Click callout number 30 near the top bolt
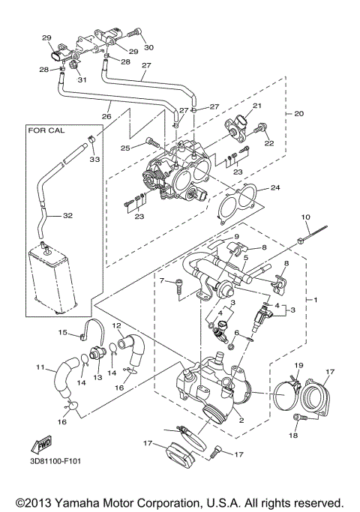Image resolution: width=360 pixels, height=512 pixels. point(148,46)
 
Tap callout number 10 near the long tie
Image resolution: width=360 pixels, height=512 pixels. point(305,217)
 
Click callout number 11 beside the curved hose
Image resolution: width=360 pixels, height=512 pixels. point(40,367)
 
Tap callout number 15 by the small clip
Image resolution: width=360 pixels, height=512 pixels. point(63,332)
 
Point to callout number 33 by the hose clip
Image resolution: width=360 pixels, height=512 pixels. point(94,159)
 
